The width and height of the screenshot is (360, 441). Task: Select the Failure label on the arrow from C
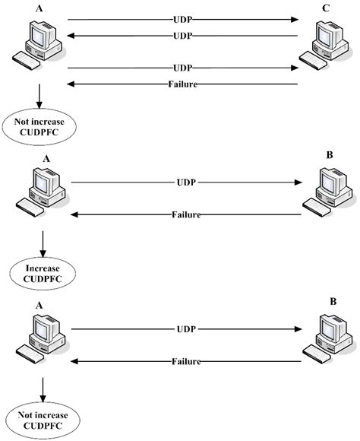(182, 84)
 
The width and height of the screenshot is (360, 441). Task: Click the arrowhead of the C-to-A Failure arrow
(71, 84)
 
